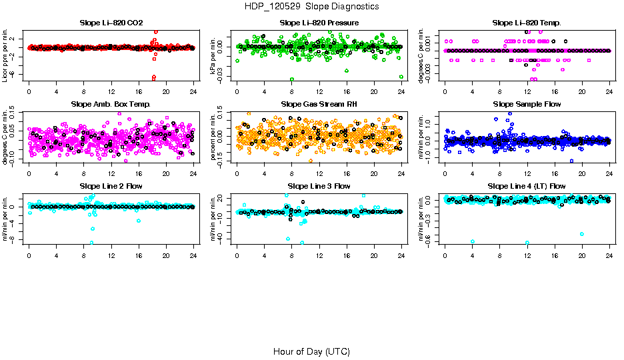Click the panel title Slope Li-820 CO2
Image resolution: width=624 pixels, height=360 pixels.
(x=111, y=23)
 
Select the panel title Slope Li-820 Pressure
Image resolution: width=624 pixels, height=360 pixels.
(x=319, y=23)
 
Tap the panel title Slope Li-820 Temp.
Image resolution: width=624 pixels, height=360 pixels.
(x=527, y=23)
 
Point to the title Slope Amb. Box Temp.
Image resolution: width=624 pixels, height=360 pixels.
(x=111, y=104)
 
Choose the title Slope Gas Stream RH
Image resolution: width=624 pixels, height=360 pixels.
(x=319, y=104)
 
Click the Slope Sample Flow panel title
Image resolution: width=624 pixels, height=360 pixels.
(x=527, y=104)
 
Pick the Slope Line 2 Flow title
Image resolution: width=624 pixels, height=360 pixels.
(x=111, y=185)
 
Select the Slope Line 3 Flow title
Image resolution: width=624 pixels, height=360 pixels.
(x=319, y=185)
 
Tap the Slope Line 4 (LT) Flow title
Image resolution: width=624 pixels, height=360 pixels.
(x=527, y=185)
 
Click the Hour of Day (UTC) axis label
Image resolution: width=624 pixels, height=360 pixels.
(x=311, y=351)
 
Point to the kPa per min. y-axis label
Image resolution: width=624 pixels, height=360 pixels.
(x=213, y=55)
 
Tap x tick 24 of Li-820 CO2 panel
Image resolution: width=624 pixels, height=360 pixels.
(x=193, y=93)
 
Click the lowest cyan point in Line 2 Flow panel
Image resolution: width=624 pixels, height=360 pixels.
(x=92, y=243)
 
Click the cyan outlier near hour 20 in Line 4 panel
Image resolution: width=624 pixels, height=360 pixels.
(x=582, y=234)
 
